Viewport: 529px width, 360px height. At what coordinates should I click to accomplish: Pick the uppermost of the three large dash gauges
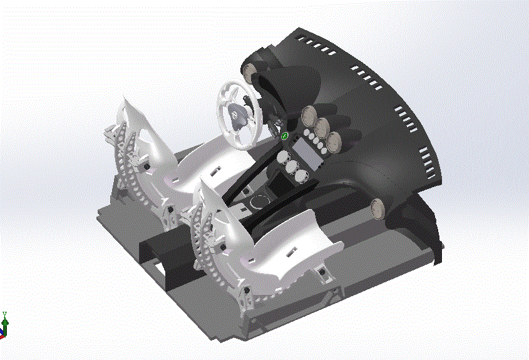click(309, 115)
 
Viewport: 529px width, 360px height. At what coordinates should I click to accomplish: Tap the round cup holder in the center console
click(257, 202)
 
